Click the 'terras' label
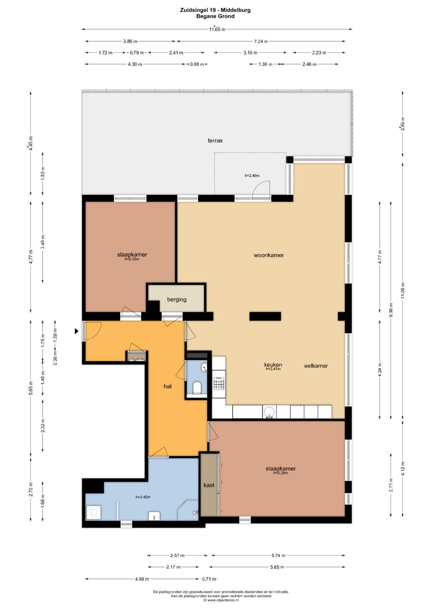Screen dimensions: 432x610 [215, 141]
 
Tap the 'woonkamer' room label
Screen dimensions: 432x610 [269, 255]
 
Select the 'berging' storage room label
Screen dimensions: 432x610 [177, 300]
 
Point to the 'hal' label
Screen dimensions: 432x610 [168, 386]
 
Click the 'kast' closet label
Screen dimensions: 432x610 [209, 485]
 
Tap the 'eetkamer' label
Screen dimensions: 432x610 [316, 366]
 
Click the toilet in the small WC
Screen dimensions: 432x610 [197, 387]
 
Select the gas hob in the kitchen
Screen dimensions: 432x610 [218, 383]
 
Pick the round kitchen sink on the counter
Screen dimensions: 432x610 [270, 412]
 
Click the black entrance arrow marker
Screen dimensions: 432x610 [77, 331]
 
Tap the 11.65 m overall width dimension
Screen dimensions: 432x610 [217, 29]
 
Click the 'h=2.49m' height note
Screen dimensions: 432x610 [252, 176]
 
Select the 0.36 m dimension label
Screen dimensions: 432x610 [55, 359]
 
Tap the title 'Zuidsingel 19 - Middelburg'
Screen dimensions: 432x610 [215, 10]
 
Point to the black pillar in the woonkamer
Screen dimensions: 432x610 [265, 316]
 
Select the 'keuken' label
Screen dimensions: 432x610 [273, 365]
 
